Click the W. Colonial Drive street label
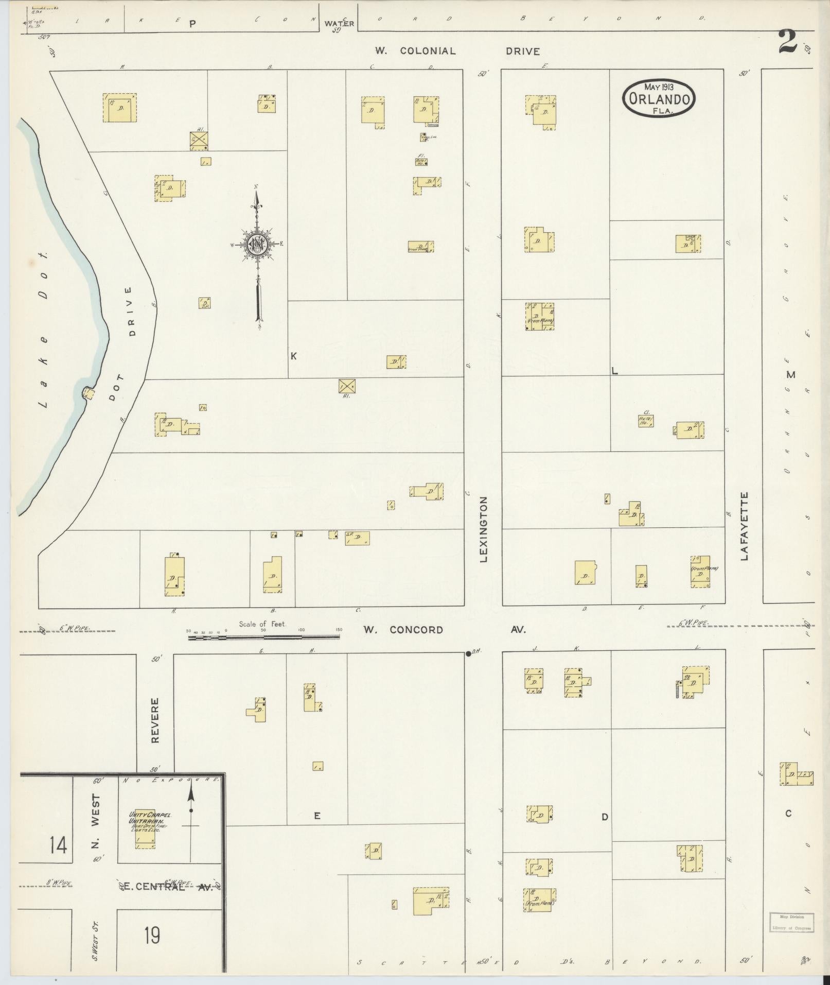tap(457, 51)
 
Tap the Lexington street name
tap(483, 529)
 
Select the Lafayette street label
tap(744, 526)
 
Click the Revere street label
tap(155, 720)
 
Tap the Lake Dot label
tap(44, 330)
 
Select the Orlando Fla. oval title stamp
tap(659, 98)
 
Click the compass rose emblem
tap(256, 244)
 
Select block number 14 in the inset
tap(58, 845)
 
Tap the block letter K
tap(294, 356)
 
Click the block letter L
tap(614, 371)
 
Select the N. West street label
tap(96, 826)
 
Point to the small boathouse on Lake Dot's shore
tap(89, 393)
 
